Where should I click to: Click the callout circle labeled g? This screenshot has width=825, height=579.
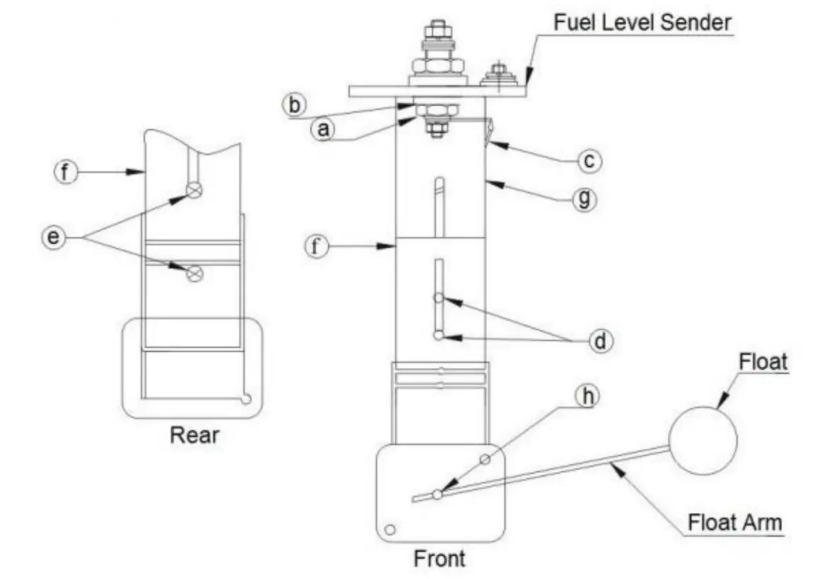[x=584, y=200]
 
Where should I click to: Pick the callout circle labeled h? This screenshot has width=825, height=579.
[x=585, y=397]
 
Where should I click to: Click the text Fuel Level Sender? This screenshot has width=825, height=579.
[x=642, y=22]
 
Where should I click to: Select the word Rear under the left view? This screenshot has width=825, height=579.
[x=195, y=435]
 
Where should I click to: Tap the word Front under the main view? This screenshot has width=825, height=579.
[x=439, y=558]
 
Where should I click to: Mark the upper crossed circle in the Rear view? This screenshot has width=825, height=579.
[x=195, y=190]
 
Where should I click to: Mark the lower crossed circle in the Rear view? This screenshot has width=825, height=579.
[x=195, y=273]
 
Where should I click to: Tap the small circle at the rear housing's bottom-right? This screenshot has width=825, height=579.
[x=245, y=399]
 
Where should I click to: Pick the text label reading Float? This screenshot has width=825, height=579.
[x=763, y=362]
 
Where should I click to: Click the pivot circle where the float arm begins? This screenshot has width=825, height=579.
[x=438, y=494]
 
